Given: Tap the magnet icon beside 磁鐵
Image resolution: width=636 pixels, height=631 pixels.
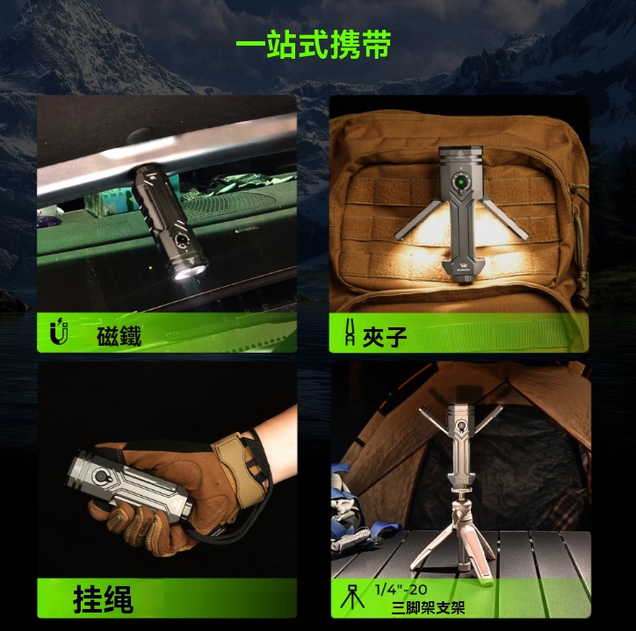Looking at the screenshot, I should coord(60,333).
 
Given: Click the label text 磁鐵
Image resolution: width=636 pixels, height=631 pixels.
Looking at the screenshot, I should coord(119,334).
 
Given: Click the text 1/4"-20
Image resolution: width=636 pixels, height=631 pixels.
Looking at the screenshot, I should coord(401,589).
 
